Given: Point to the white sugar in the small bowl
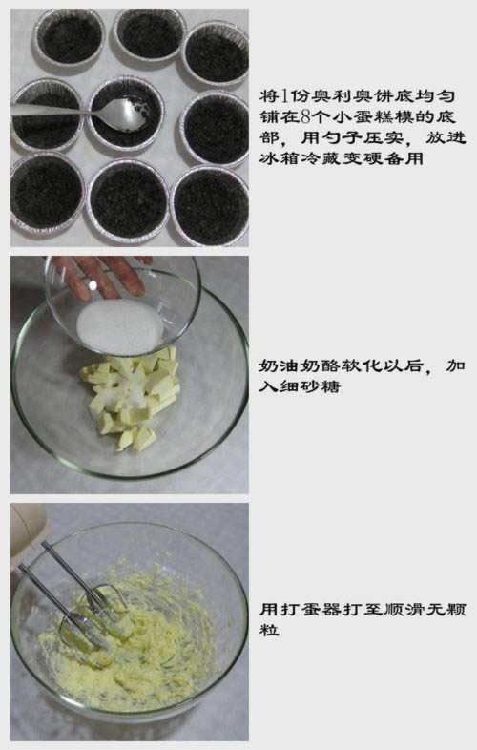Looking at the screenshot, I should click(119, 323).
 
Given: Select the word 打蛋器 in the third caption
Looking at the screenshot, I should click(310, 608).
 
